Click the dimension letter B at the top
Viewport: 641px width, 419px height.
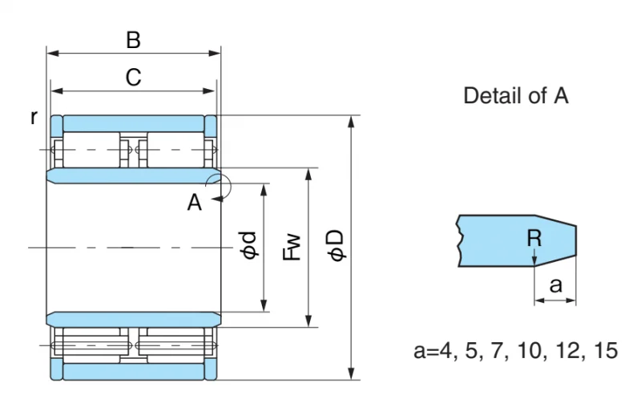coord(133,40)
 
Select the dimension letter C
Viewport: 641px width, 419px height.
coord(133,77)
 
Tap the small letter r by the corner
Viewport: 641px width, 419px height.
coord(34,118)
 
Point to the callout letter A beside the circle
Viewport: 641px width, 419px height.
coord(194,203)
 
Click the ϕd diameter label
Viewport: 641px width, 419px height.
coord(249,245)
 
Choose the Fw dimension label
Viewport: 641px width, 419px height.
coord(292,248)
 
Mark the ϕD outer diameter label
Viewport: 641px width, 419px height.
coord(337,245)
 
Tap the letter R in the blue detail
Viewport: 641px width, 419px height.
coord(534,238)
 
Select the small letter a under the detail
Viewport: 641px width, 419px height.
coord(555,285)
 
